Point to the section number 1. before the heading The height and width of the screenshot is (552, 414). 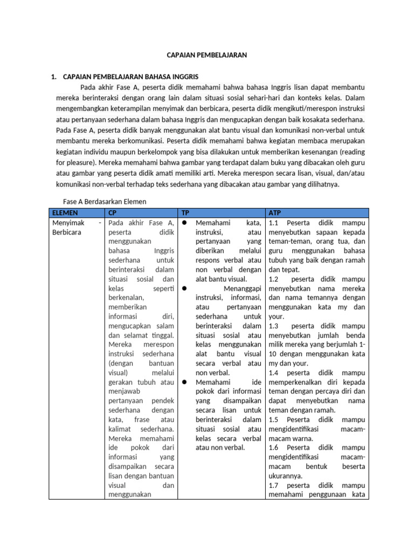[54, 77]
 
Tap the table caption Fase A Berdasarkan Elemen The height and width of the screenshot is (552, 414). [105, 201]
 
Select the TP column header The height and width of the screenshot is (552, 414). [185, 213]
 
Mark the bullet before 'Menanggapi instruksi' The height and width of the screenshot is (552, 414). [184, 288]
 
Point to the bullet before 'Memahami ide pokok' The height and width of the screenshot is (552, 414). [184, 382]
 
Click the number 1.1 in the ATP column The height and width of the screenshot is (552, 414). [273, 223]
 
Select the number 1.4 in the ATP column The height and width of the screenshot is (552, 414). [274, 372]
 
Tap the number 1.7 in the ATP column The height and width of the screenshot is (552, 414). [274, 485]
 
